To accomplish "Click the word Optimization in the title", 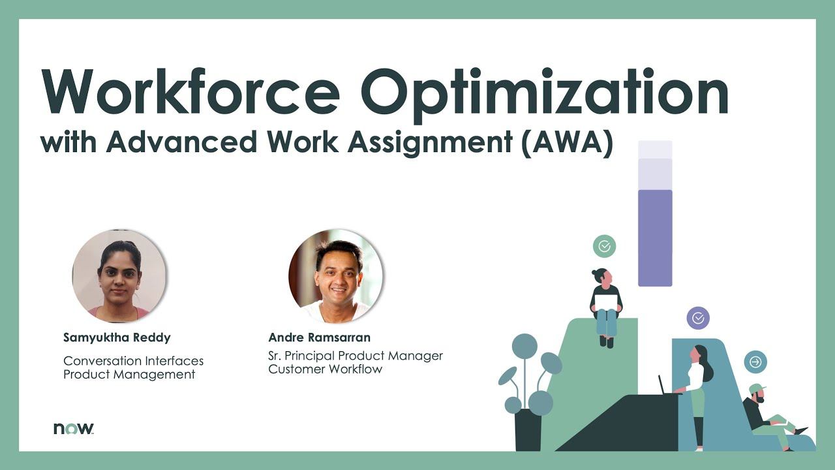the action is pyautogui.click(x=544, y=96).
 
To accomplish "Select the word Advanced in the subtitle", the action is pyautogui.click(x=181, y=142).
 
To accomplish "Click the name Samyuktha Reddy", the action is pyautogui.click(x=117, y=337).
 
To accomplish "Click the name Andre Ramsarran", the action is pyautogui.click(x=320, y=337).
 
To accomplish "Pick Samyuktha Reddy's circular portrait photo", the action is pyautogui.click(x=119, y=276).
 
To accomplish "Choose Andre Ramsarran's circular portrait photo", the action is pyautogui.click(x=336, y=276).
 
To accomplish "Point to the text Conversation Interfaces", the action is pyautogui.click(x=134, y=361).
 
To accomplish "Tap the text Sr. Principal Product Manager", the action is pyautogui.click(x=356, y=356).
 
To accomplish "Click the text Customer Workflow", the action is pyautogui.click(x=326, y=369).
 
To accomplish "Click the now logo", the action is pyautogui.click(x=74, y=429).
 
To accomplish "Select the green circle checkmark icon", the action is pyautogui.click(x=604, y=246).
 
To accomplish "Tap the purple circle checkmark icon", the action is pyautogui.click(x=698, y=318).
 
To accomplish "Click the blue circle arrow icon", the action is pyautogui.click(x=755, y=362).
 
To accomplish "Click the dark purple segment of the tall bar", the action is pyautogui.click(x=655, y=238).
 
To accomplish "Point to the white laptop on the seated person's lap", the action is pyautogui.click(x=606, y=302).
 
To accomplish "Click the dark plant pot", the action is pyautogui.click(x=528, y=430).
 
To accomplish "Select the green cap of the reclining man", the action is pyautogui.click(x=757, y=388).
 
